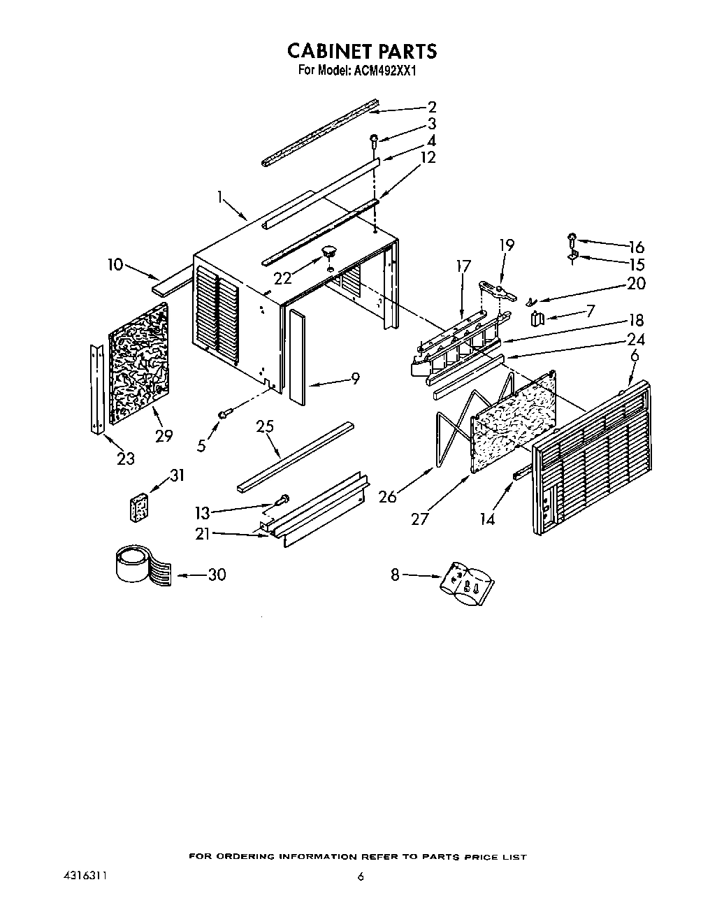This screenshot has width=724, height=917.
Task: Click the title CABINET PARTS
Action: (362, 51)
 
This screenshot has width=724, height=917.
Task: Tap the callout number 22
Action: (283, 277)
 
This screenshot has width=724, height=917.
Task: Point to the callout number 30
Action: (217, 575)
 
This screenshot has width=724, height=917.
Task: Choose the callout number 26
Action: (388, 496)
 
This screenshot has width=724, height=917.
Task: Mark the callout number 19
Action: (507, 245)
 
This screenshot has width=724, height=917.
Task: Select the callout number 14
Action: (488, 519)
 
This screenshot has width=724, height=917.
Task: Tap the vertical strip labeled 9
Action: (296, 356)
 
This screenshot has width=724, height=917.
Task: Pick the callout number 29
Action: (164, 435)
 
